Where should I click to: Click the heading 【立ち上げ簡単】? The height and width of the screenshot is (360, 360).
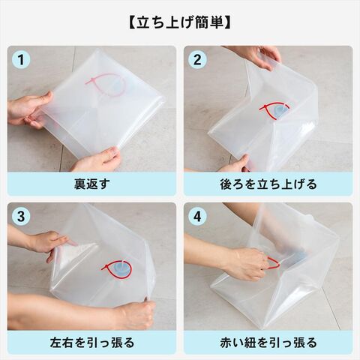(x=180, y=23)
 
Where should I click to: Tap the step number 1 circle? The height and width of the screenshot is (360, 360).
(x=21, y=60)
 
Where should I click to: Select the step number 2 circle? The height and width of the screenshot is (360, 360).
(x=197, y=60)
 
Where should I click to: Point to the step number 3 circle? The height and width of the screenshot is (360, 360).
(x=21, y=217)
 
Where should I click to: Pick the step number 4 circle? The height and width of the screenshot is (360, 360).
(x=197, y=217)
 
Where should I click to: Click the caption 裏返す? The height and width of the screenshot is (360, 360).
(x=91, y=184)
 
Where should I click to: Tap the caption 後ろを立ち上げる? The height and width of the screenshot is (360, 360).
(x=268, y=184)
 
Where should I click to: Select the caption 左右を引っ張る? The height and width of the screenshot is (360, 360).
(x=91, y=342)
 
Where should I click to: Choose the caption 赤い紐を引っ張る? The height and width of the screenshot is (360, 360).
(x=268, y=342)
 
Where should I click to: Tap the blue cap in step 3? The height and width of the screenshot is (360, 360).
(x=121, y=268)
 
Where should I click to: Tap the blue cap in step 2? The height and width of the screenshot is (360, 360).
(x=280, y=111)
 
